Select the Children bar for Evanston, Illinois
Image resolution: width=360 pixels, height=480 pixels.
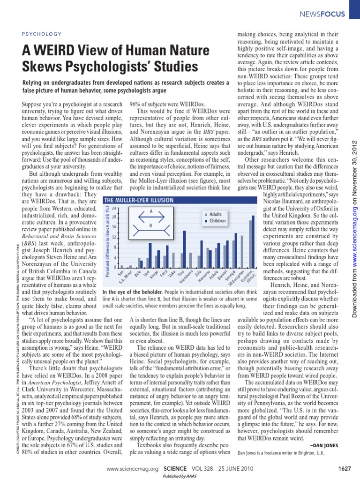(x=253, y=241)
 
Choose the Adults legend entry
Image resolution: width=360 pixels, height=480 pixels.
(x=215, y=214)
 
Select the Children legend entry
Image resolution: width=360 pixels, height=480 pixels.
(x=217, y=221)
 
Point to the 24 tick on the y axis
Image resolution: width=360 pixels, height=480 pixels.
(x=113, y=208)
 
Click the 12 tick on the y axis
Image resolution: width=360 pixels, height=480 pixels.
(x=113, y=238)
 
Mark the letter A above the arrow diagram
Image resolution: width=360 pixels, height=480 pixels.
(x=151, y=211)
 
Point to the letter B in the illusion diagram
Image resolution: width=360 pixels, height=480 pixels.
(x=150, y=226)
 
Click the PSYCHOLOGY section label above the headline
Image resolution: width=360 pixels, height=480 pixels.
(x=42, y=34)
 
